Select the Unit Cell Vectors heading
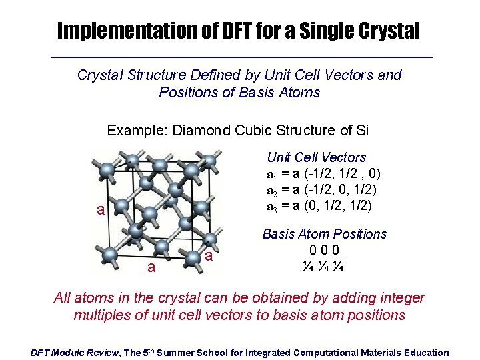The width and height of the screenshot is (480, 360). pos(317,157)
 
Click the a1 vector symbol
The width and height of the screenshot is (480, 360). pos(272,175)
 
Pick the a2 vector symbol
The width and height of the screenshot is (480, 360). pos(272,191)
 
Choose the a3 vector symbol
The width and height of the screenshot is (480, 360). pos(272,207)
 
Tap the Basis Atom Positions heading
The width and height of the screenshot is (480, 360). pos(325,234)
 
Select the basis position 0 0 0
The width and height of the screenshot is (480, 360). pos(325,250)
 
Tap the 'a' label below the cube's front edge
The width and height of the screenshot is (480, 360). pos(151,267)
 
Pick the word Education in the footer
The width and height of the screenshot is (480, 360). pos(423,353)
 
